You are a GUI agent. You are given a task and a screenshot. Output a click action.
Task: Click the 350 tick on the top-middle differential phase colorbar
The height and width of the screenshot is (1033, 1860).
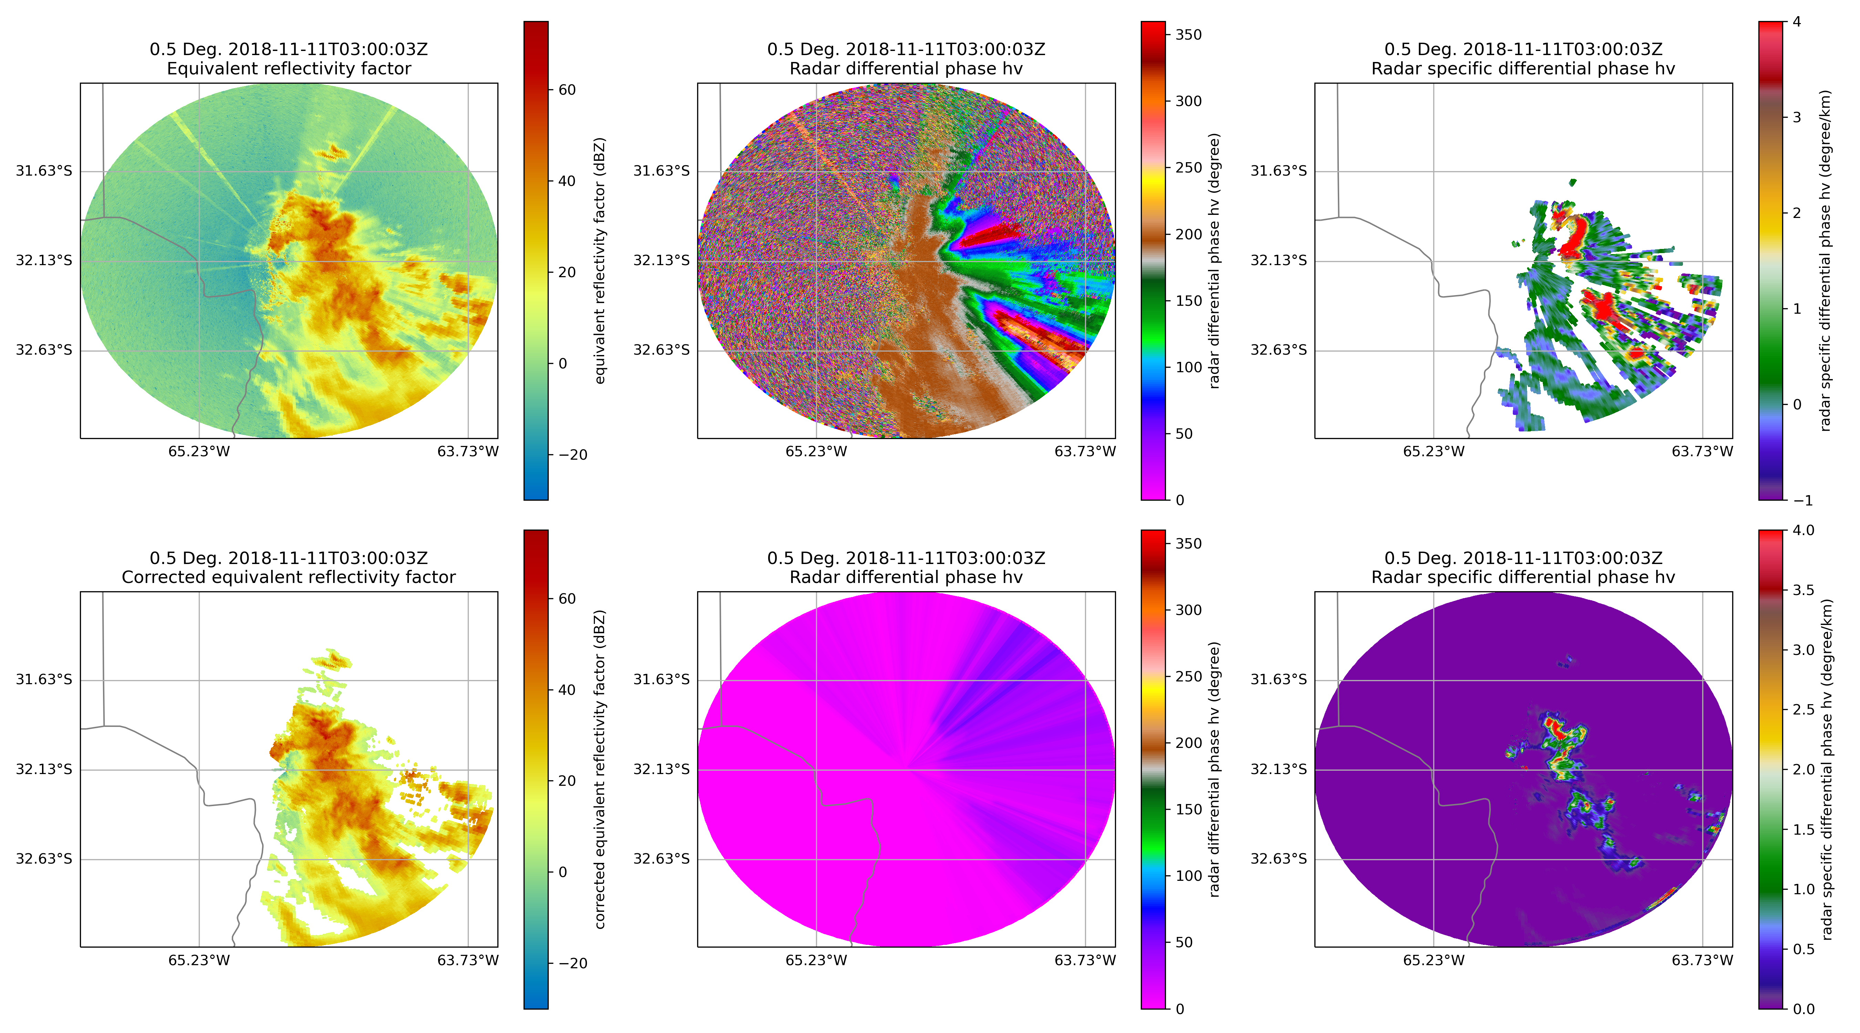pos(1188,35)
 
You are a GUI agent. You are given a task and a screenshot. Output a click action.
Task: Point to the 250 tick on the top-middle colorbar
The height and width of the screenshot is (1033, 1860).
pos(1188,167)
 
